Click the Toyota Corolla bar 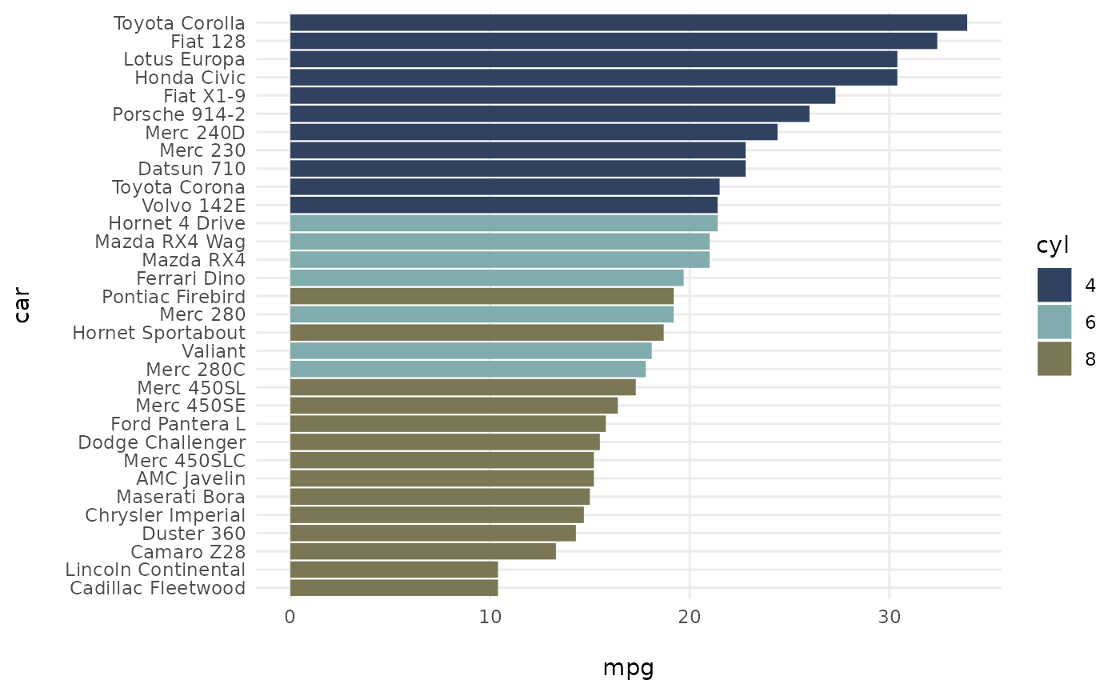(628, 23)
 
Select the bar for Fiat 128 (613, 42)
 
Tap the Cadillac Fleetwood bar (394, 589)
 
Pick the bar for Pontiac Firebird (482, 297)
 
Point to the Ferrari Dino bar (486, 278)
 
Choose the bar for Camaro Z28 (422, 552)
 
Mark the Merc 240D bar (533, 133)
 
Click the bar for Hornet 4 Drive (504, 224)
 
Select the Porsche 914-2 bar (549, 114)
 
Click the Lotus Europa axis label (184, 60)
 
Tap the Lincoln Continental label (155, 570)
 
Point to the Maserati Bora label (180, 498)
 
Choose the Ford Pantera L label (178, 424)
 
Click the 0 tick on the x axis (290, 617)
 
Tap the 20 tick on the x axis (689, 617)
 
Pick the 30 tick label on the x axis (889, 617)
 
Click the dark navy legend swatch (1054, 286)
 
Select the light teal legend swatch (1054, 322)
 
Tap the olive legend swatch (1054, 358)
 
